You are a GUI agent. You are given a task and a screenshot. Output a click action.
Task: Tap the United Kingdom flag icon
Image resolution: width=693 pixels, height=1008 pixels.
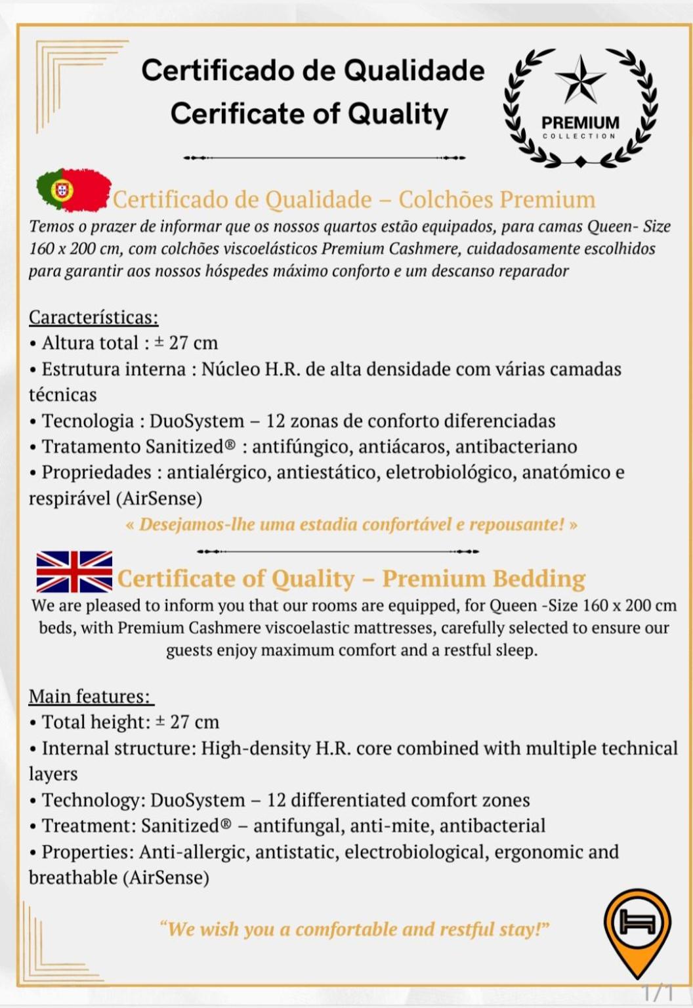pos(74,572)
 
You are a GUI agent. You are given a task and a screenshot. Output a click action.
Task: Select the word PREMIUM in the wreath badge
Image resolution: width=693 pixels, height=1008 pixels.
pos(580,123)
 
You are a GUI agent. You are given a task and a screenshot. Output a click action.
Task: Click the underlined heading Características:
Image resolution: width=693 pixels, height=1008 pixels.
pos(93,318)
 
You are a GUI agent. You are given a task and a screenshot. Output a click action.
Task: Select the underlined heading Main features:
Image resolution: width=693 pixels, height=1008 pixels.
pos(90,696)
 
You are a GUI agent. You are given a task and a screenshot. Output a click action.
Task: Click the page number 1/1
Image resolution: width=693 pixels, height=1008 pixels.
pos(658,992)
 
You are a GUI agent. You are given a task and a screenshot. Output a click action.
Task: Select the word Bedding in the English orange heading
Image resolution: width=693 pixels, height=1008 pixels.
pos(539,579)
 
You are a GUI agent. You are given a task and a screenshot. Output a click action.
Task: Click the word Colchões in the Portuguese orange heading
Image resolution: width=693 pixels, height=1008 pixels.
pos(446,199)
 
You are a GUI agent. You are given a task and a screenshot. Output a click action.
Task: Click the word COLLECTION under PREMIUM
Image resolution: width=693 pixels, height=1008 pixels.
pos(579,136)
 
